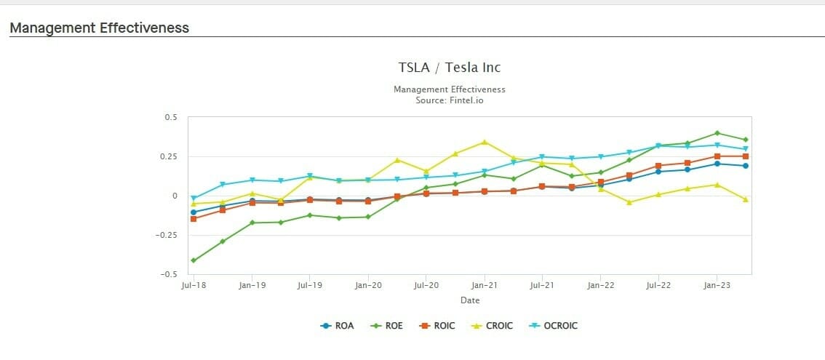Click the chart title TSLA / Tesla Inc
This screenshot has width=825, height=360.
[449, 68]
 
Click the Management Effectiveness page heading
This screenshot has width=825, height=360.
[99, 28]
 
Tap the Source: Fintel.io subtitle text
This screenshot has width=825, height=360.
[449, 100]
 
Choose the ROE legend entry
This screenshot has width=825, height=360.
[393, 326]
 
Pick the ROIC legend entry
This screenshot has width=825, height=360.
[444, 326]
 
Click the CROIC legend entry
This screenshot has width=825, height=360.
[499, 326]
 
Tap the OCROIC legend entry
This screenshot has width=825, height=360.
[560, 326]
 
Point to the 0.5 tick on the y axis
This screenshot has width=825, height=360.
[171, 117]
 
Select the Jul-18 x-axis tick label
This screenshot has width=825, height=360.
[193, 286]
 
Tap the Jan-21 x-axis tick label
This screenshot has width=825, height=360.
[484, 286]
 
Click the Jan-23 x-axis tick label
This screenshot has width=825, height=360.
[717, 286]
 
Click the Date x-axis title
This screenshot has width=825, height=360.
[469, 300]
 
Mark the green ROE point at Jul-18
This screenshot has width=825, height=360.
[194, 260]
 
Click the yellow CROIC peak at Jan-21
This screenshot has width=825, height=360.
[485, 142]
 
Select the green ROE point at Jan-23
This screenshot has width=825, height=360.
[717, 133]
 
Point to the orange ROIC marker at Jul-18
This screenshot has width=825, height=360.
[194, 219]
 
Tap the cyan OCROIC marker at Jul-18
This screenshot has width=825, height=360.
[194, 199]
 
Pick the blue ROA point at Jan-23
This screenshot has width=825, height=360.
[717, 164]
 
